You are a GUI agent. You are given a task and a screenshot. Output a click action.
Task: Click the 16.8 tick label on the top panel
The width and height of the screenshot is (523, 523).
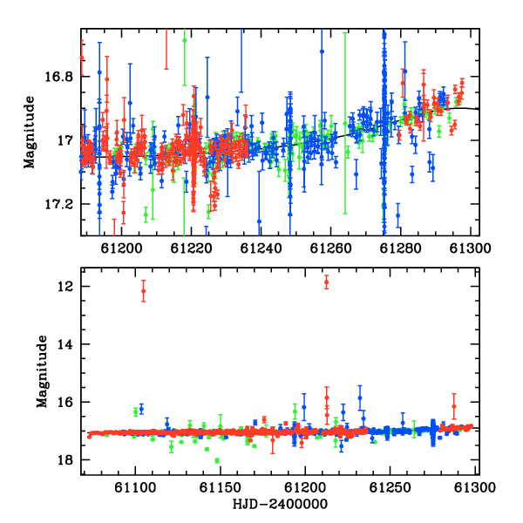(58, 77)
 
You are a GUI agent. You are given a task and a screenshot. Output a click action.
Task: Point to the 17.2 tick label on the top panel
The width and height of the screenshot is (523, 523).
(58, 204)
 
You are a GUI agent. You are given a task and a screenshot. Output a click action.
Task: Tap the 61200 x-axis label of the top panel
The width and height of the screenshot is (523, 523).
(121, 248)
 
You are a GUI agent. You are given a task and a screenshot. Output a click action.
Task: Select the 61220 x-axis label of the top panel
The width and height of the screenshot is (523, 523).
(191, 248)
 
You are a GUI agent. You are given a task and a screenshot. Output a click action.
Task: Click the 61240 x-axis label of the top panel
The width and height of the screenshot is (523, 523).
(261, 248)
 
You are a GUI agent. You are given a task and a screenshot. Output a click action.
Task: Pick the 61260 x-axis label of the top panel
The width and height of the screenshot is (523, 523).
(330, 248)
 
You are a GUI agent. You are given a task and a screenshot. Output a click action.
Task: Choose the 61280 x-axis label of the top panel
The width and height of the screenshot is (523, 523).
(400, 248)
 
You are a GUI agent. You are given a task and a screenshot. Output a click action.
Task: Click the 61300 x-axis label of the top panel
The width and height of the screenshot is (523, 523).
(470, 248)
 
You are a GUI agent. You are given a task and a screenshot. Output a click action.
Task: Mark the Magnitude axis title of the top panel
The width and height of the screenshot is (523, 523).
(30, 132)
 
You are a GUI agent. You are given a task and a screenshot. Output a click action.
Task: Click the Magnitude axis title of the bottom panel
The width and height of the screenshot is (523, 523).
(42, 371)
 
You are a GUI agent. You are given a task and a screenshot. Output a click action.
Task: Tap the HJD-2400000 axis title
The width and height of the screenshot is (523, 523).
(280, 504)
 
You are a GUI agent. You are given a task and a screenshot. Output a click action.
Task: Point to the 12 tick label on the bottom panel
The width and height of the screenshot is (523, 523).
(65, 287)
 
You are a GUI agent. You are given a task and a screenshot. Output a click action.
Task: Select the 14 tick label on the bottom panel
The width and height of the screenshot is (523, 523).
(65, 344)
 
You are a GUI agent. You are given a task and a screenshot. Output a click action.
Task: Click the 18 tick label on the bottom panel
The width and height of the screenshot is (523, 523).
(65, 460)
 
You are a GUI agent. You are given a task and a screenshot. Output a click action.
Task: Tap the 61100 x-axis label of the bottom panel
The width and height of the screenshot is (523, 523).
(135, 487)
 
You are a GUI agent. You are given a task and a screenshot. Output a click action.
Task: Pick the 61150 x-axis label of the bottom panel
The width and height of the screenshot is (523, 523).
(220, 487)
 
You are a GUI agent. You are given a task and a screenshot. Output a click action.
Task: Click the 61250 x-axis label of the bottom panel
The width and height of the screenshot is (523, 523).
(390, 487)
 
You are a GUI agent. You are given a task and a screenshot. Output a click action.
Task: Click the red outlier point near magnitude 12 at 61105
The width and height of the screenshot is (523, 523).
(144, 291)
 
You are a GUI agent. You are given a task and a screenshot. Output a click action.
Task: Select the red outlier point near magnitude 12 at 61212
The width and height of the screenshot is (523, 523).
(326, 282)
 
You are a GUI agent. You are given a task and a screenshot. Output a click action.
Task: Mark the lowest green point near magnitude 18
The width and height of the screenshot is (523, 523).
(217, 461)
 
